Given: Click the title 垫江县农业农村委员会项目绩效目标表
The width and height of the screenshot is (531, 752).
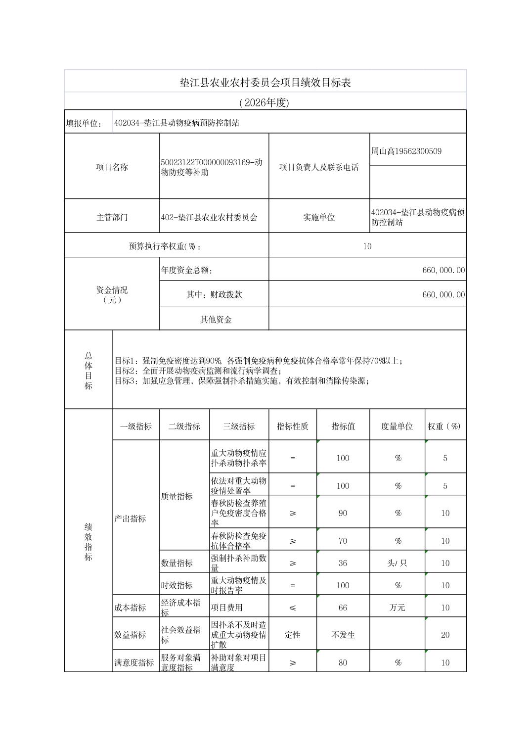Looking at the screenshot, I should click(265, 83).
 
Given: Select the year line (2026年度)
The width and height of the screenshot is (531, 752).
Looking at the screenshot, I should click(265, 102).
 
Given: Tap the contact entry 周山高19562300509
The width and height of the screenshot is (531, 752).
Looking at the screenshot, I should click(406, 151).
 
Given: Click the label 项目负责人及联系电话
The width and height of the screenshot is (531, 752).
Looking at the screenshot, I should click(319, 167).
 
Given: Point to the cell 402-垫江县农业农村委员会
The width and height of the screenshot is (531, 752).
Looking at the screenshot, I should click(210, 217).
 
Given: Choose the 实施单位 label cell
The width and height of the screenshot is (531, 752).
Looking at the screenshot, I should click(319, 217).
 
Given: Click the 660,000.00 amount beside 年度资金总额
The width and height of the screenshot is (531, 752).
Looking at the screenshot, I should click(443, 270).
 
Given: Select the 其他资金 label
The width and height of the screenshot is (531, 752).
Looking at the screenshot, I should click(216, 320).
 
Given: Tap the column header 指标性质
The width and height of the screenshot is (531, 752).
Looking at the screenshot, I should click(292, 426).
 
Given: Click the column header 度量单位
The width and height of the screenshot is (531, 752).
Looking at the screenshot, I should click(397, 426).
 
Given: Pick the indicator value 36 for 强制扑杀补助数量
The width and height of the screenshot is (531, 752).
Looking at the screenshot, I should click(343, 563).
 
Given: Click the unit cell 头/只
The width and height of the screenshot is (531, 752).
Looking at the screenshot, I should click(397, 563).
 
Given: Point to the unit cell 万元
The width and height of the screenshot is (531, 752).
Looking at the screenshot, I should click(397, 608).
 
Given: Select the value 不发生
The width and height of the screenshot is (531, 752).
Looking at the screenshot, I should click(343, 635).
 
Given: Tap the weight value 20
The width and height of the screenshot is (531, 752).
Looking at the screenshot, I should click(445, 635).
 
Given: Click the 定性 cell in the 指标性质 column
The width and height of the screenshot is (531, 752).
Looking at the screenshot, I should click(292, 635).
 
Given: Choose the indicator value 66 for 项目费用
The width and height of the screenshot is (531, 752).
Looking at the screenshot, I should click(343, 608).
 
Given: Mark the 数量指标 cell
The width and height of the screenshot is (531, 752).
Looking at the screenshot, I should click(177, 563).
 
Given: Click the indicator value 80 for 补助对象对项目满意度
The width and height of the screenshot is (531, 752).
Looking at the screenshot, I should click(343, 662).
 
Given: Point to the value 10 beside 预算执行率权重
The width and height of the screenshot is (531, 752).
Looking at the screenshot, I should click(367, 246).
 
